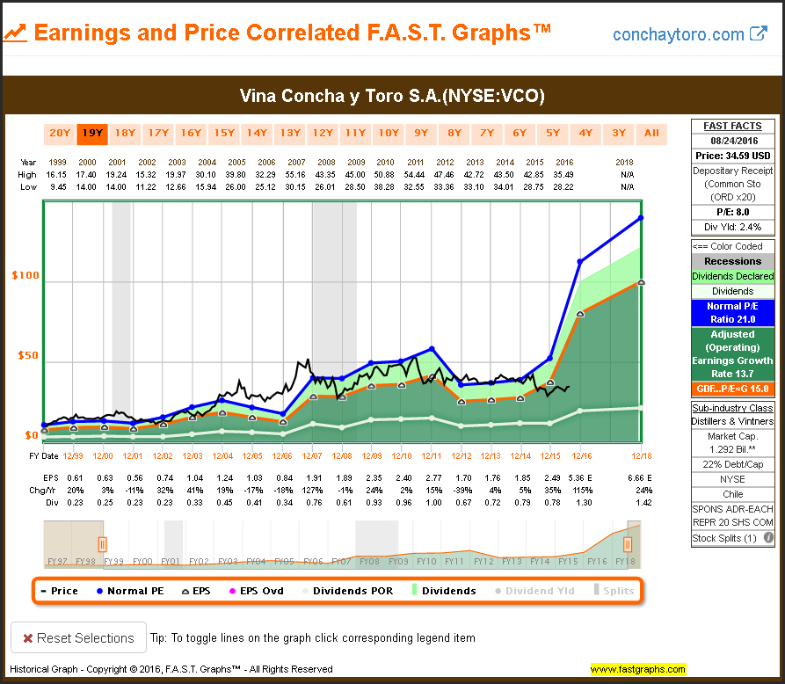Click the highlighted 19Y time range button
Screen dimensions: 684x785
point(92,134)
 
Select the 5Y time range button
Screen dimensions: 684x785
point(552,134)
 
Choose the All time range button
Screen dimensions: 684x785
point(651,134)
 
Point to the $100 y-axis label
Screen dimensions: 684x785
point(25,276)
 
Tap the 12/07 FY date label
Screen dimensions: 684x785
point(311,456)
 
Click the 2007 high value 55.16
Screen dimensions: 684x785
point(297,176)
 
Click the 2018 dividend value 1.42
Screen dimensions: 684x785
point(640,501)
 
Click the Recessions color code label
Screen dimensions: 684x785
point(733,261)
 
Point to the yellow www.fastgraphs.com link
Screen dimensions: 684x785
point(637,669)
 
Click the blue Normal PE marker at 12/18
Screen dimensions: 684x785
point(641,218)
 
